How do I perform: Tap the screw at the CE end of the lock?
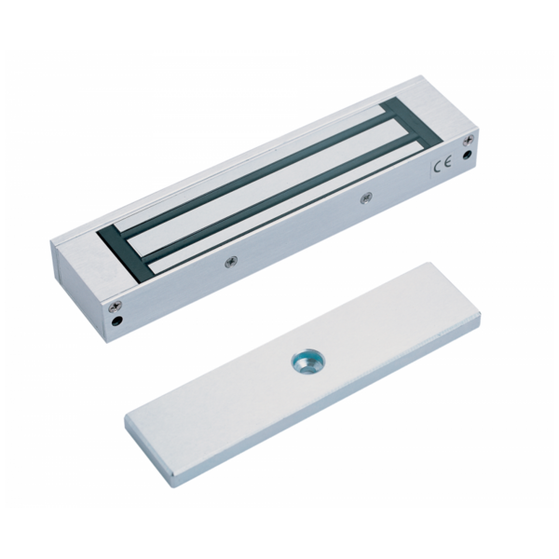pyautogui.click(x=468, y=143)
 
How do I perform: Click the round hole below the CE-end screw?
pyautogui.click(x=467, y=156)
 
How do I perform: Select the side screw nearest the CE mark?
pyautogui.click(x=365, y=198)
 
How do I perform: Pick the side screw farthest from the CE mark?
pyautogui.click(x=231, y=263)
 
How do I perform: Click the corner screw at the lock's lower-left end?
pyautogui.click(x=116, y=305)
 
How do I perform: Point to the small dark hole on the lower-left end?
pyautogui.click(x=116, y=320)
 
